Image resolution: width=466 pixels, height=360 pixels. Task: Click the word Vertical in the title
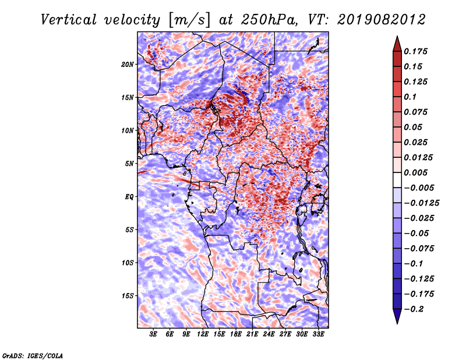(69, 20)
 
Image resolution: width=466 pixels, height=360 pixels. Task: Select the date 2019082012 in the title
(382, 20)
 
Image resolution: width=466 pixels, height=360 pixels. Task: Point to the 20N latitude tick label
(127, 65)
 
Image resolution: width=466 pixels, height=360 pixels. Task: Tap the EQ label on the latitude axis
(129, 197)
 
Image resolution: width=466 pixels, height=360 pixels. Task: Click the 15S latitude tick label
(128, 296)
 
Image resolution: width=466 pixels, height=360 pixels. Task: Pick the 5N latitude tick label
(129, 164)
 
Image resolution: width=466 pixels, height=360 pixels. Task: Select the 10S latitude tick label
(128, 263)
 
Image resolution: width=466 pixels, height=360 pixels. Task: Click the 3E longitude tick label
(153, 334)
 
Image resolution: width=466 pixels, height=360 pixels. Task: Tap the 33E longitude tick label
(319, 334)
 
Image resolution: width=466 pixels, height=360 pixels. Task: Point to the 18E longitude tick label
(236, 334)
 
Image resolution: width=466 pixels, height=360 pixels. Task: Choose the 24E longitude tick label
(269, 334)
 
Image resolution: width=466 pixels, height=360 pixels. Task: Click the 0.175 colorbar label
(415, 51)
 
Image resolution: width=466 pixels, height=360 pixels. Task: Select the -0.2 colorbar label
(414, 309)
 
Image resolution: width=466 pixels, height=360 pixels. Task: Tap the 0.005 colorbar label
(415, 172)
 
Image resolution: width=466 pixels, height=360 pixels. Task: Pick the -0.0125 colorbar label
(421, 203)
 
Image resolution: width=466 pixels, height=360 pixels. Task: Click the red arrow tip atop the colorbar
(397, 37)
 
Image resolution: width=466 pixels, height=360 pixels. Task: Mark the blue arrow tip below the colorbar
(397, 323)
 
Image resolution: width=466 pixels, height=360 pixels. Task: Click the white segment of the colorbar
(397, 180)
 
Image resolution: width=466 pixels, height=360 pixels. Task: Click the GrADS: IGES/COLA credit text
(33, 355)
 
